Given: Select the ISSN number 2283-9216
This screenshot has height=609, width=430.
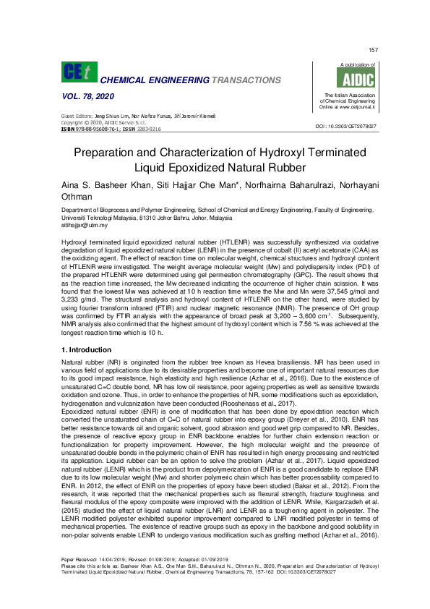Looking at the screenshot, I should click(148, 128).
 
